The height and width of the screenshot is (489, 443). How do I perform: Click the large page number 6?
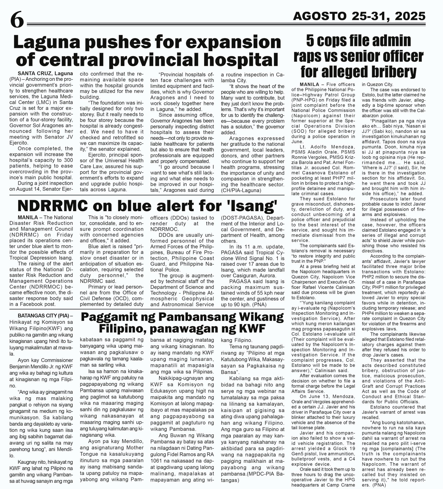(x=17, y=20)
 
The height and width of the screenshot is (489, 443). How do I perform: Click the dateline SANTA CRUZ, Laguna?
(x=45, y=74)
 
